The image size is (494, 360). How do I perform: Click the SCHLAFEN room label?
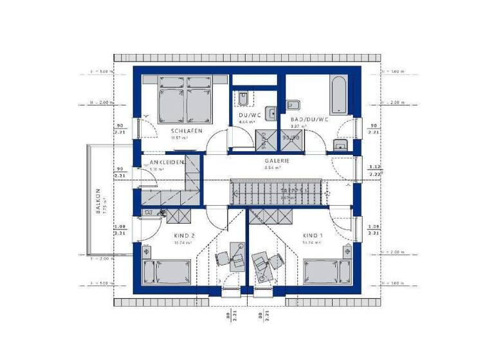click(x=183, y=130)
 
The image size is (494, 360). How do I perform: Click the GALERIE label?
click(x=278, y=161)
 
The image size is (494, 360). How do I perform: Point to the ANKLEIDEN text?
click(x=167, y=163)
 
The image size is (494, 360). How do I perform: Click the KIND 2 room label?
click(x=184, y=235)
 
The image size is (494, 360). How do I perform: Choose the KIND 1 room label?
click(x=314, y=235)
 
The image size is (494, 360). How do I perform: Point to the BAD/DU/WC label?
click(x=309, y=120)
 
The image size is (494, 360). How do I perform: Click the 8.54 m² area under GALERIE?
click(x=273, y=168)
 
